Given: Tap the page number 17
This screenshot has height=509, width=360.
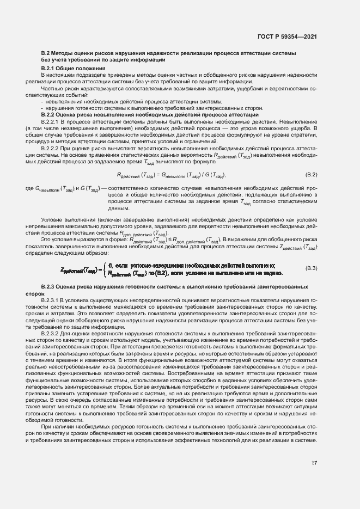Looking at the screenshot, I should tap(314, 478).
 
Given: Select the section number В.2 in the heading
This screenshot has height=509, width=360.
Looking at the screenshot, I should tap(46, 53).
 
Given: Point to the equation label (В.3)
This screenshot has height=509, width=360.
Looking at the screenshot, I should tap(310, 269).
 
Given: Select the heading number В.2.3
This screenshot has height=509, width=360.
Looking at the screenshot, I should tap(50, 286).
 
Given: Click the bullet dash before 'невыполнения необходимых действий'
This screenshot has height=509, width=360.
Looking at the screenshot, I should tap(42, 102).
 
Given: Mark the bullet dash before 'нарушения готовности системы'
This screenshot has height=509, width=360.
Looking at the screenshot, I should tap(42, 108).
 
